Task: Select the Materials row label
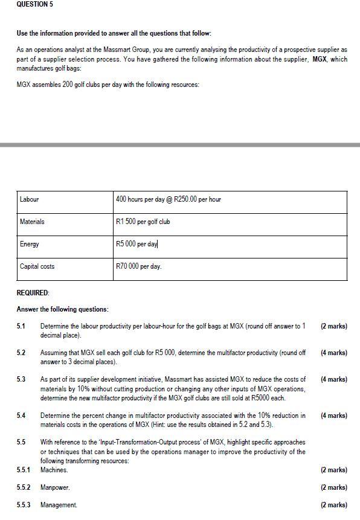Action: click(x=32, y=222)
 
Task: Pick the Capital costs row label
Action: click(x=37, y=266)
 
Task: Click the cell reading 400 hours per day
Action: click(x=168, y=199)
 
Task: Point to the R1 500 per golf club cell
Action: click(x=143, y=222)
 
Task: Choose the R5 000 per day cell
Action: click(x=137, y=244)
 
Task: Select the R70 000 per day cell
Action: click(x=139, y=266)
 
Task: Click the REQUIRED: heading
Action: click(x=33, y=292)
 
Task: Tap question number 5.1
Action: click(x=21, y=326)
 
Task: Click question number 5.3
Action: click(x=21, y=379)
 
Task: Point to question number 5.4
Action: click(x=21, y=416)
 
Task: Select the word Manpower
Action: click(x=55, y=487)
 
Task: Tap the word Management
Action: click(x=59, y=505)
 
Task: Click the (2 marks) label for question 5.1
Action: click(x=334, y=326)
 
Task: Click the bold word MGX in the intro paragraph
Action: click(x=319, y=59)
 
